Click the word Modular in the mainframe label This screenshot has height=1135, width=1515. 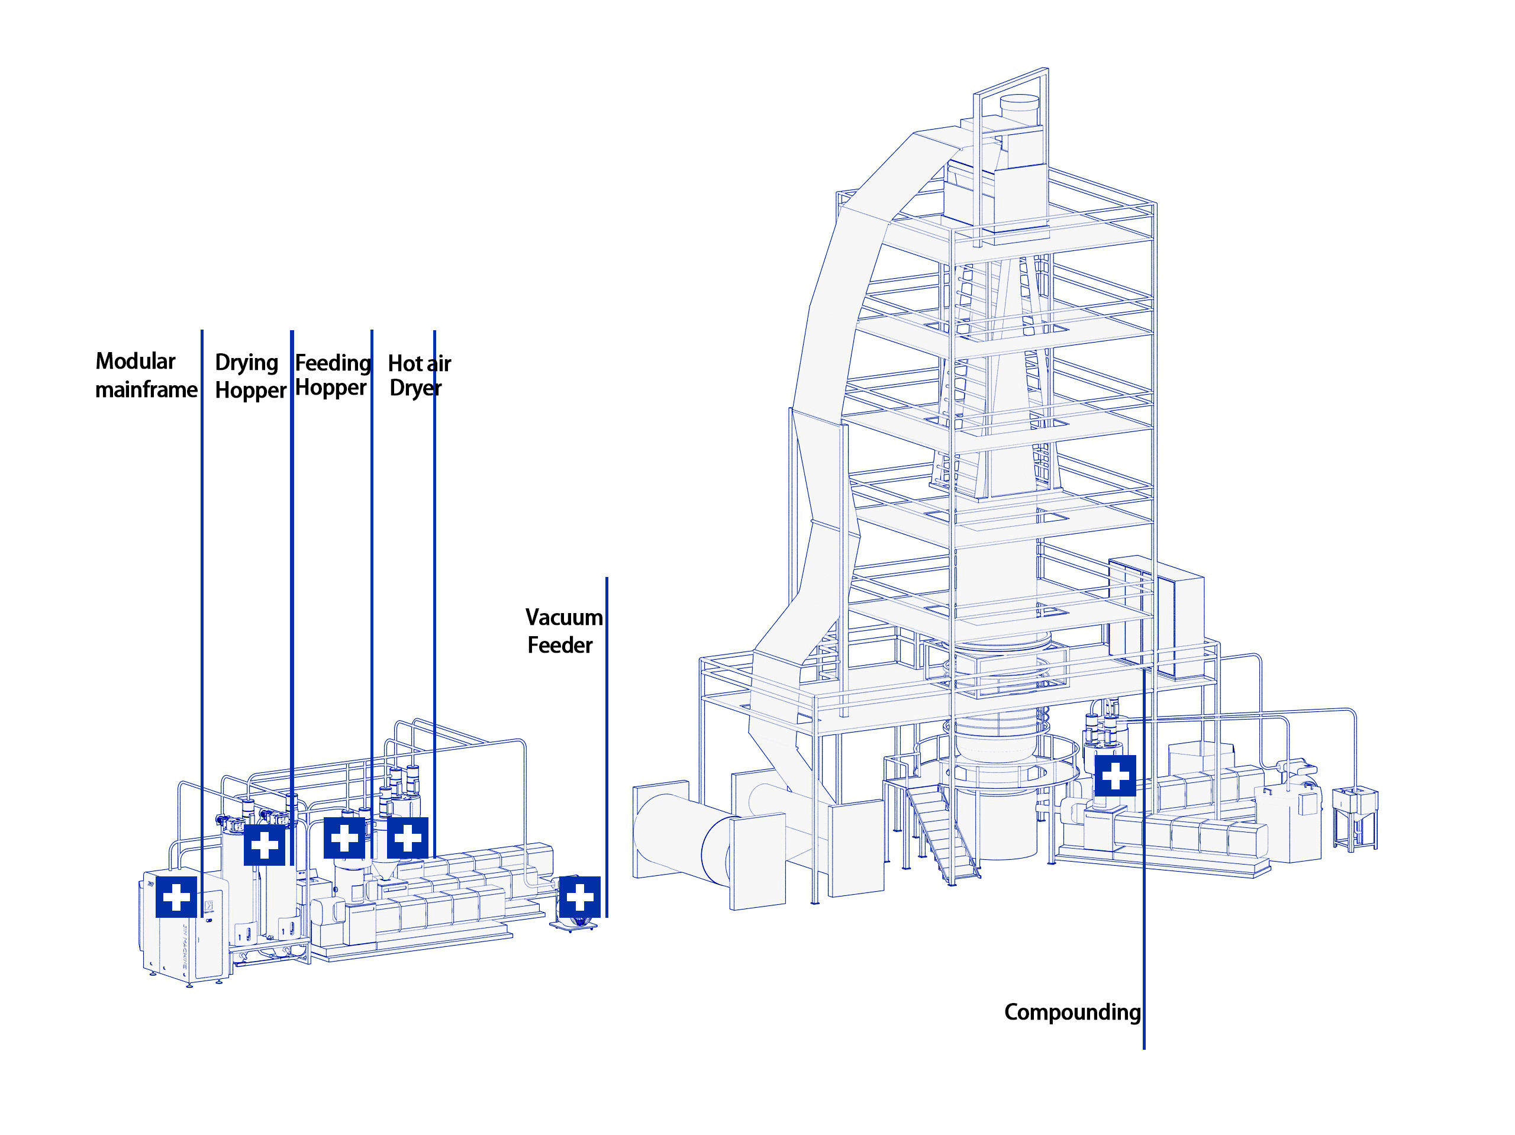[x=135, y=361]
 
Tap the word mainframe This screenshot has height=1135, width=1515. [x=146, y=390]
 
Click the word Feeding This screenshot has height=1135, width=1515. [x=333, y=362]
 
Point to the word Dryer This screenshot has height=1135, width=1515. [x=415, y=388]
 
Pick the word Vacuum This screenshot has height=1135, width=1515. [x=563, y=617]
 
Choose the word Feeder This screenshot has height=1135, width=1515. [x=560, y=645]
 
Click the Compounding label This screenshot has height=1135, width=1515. [x=1072, y=1012]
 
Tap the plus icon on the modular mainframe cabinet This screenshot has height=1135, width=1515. [x=176, y=897]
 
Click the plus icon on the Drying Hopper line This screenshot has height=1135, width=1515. [x=265, y=844]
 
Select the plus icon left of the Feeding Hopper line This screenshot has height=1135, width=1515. [x=344, y=837]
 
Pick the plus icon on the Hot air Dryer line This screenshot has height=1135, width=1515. [x=408, y=837]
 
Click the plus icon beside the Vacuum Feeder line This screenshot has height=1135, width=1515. [x=579, y=897]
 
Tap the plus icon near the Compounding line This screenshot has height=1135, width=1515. [x=1115, y=775]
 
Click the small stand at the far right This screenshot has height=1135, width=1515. [x=1354, y=818]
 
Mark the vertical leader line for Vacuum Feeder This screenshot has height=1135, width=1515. [x=606, y=747]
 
